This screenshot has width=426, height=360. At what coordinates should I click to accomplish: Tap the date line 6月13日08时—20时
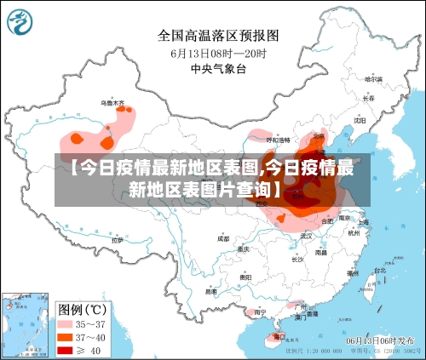coord(218,53)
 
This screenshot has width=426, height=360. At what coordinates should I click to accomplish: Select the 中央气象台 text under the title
coord(218,69)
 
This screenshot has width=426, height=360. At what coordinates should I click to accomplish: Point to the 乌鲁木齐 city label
coord(112,103)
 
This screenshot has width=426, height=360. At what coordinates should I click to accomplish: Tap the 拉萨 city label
coord(117,240)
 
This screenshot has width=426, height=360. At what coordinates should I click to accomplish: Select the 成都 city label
coord(223,239)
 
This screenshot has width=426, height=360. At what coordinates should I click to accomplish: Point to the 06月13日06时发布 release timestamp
coord(382,340)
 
